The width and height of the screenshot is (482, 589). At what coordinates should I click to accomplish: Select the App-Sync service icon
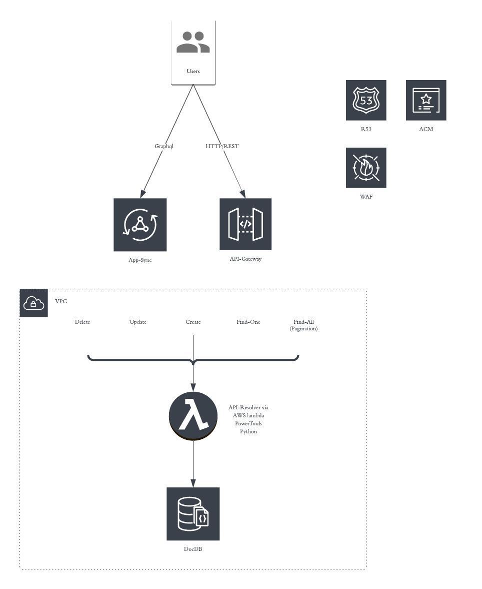140,225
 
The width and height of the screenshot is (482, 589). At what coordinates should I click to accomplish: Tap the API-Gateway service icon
245,224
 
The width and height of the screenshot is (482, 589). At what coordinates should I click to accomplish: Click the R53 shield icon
366,100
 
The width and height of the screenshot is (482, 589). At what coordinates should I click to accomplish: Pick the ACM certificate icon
426,100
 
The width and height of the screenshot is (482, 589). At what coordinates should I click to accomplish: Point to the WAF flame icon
366,168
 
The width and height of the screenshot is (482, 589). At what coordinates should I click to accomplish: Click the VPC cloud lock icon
33,303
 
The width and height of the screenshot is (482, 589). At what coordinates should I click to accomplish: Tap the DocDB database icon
193,513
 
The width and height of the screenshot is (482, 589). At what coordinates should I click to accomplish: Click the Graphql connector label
164,146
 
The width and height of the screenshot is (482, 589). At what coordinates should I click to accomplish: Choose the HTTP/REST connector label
222,146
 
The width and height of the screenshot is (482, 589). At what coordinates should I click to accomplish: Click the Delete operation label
82,322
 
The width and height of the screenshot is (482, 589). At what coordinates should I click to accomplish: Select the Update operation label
138,322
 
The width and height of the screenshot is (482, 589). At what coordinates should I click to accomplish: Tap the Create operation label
193,322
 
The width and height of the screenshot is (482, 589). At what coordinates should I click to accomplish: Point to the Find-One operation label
248,322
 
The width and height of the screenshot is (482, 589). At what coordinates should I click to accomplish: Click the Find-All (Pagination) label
303,325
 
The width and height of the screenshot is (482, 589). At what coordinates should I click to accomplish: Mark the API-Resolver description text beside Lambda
248,419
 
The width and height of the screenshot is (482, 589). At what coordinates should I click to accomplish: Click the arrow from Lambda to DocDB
193,463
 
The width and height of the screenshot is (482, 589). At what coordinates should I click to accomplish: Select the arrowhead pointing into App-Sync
143,194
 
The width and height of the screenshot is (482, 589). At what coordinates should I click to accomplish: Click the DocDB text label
193,549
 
